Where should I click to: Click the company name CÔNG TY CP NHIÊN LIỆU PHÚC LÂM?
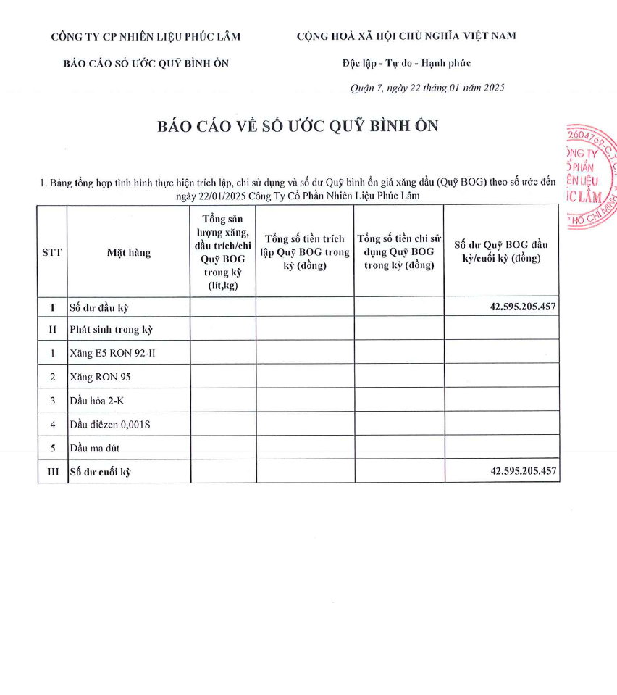click(x=146, y=37)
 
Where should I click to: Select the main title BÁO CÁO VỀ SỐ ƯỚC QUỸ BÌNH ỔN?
click(x=298, y=126)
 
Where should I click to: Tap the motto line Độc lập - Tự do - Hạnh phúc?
click(x=406, y=63)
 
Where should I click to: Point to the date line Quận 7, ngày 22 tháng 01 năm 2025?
click(x=427, y=88)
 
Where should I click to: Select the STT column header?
click(x=52, y=252)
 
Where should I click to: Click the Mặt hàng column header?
click(x=129, y=252)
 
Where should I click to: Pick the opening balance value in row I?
click(x=523, y=307)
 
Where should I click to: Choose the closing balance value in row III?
click(x=523, y=471)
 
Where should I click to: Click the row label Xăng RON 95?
click(x=100, y=377)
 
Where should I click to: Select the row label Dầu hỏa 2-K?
click(x=96, y=401)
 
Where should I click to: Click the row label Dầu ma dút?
click(x=95, y=448)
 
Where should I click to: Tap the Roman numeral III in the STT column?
click(x=52, y=472)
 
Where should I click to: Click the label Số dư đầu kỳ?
click(x=98, y=307)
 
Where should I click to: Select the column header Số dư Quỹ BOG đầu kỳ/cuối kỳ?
click(x=501, y=251)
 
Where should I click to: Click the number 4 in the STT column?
click(x=52, y=424)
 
